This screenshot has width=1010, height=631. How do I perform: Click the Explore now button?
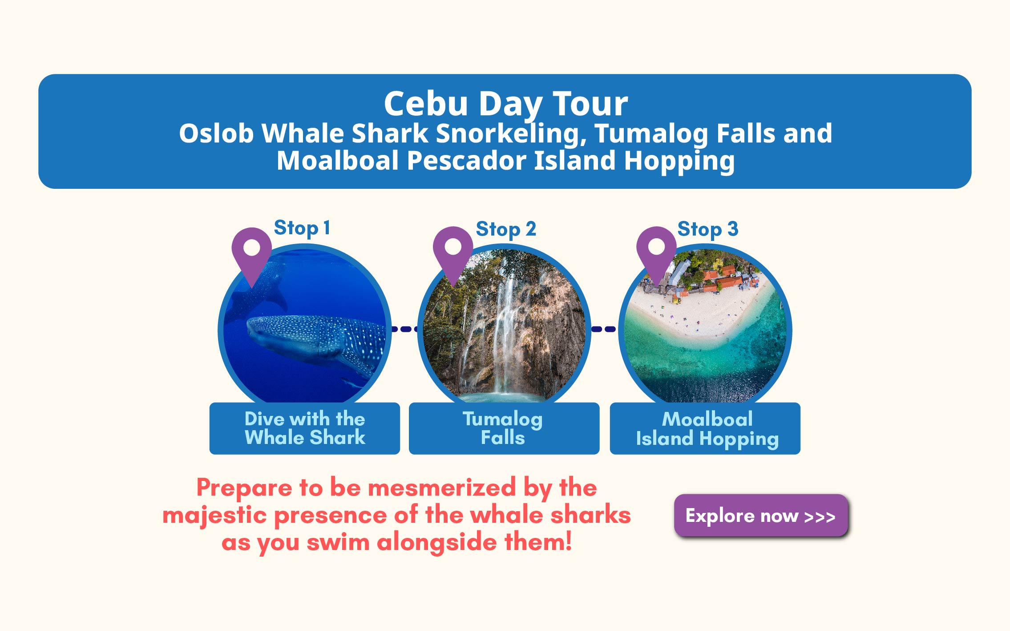[x=761, y=515]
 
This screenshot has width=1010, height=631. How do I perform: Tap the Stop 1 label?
[x=302, y=228]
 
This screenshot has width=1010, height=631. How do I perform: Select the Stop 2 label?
[x=506, y=229]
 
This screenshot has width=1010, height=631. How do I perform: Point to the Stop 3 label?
[x=707, y=229]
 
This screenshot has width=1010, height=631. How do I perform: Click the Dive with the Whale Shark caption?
[x=305, y=428]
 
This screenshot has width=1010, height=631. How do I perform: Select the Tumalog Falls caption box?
[x=504, y=428]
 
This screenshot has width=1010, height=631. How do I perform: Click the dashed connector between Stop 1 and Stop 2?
[x=404, y=329]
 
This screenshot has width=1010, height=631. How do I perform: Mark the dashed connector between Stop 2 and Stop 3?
[x=604, y=329]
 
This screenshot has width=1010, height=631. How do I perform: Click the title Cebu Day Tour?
[x=506, y=104]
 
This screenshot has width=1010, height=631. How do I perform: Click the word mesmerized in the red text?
[x=442, y=487]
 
